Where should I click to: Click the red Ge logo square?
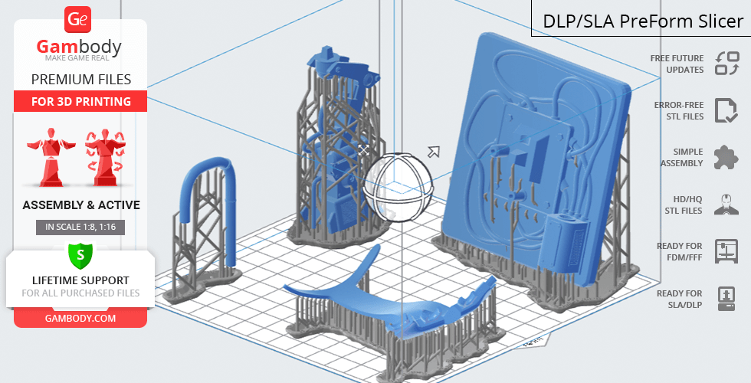77,20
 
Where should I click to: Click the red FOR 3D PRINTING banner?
80,101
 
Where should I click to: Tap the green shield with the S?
80,254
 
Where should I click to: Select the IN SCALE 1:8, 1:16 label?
80,227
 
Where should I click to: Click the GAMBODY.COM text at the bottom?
80,319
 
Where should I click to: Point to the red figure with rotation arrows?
106,157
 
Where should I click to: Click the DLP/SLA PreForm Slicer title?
643,21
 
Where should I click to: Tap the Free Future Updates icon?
727,64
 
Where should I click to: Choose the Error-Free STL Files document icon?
726,110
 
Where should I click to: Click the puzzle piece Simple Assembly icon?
726,158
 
